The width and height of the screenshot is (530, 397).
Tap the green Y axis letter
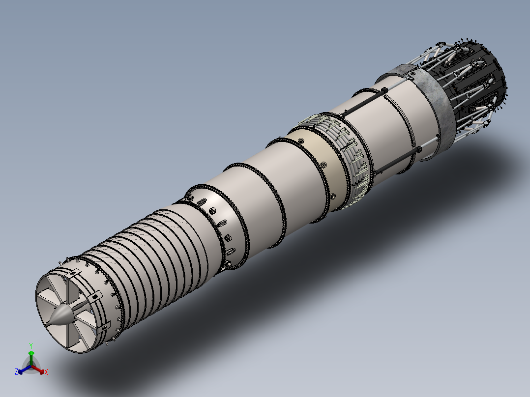point(31,345)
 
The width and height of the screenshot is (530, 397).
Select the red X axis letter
point(46,372)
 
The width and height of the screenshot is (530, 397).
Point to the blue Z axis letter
point(16,372)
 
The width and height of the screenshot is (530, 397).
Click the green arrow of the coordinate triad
point(31,358)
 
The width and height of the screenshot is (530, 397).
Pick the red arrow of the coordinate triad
point(38,369)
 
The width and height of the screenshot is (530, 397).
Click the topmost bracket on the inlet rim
point(72,274)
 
